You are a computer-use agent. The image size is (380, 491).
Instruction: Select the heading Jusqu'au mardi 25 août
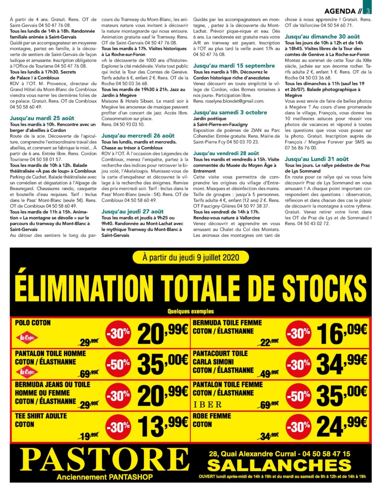coord(42,118)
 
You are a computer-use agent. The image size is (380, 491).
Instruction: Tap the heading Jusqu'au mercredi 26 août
coord(138,136)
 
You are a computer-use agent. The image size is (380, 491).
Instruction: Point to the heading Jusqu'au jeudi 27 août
coord(132,211)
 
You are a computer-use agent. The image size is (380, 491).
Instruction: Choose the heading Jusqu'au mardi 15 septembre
coord(234,66)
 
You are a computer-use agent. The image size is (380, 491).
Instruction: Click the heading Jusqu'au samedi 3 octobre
coord(230,112)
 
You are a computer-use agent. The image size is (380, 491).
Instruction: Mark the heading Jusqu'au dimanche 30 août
coord(322,36)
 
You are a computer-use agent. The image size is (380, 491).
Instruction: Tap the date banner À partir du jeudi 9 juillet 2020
coord(191,257)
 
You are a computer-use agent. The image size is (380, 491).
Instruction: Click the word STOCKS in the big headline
coord(324,288)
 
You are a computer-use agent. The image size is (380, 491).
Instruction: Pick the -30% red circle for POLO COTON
coord(118,334)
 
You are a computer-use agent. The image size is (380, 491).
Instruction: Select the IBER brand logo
coord(207,404)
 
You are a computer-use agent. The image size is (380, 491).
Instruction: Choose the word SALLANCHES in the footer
coord(279,465)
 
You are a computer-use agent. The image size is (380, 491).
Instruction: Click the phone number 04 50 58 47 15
coord(326,453)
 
